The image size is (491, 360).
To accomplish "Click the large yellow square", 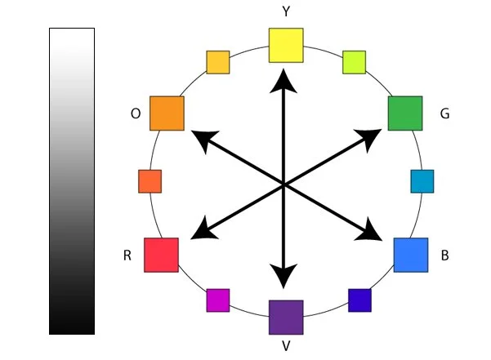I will [286, 45].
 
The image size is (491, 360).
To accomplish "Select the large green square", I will [404, 113].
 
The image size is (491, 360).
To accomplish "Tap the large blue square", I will [411, 255].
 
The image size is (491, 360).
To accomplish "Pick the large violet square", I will [286, 318].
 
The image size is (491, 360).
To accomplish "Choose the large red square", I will [161, 255].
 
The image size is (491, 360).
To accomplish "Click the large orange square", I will [167, 113].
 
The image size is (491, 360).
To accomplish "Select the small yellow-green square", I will [354, 62].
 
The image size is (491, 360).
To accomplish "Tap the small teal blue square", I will [422, 181].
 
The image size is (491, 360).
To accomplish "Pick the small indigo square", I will [359, 300].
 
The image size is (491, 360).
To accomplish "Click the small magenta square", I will [218, 300].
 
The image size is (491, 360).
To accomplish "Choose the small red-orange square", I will [150, 181].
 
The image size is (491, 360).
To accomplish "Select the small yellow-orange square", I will [217, 62].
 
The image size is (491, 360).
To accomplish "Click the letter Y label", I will [285, 12].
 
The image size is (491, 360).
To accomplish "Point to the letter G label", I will [444, 114].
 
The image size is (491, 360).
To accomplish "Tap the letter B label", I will [444, 256].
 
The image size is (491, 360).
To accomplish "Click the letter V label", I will [286, 347].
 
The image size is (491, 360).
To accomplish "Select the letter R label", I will [127, 256].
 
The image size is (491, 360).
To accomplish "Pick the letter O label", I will [136, 114].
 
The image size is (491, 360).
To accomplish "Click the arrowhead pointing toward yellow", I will [284, 79].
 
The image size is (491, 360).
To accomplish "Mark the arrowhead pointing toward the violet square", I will [284, 278].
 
